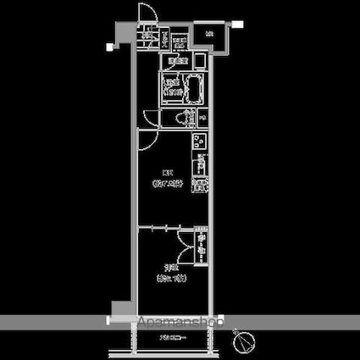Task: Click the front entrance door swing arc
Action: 146,14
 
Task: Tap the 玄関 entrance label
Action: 147,36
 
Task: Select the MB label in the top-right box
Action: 208,34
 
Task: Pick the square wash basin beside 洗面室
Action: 199,62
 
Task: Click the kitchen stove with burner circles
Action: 200,140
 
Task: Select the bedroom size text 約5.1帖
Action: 168,277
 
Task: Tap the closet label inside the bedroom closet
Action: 202,246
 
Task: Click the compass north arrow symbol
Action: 246,342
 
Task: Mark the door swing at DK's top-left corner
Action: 149,119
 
